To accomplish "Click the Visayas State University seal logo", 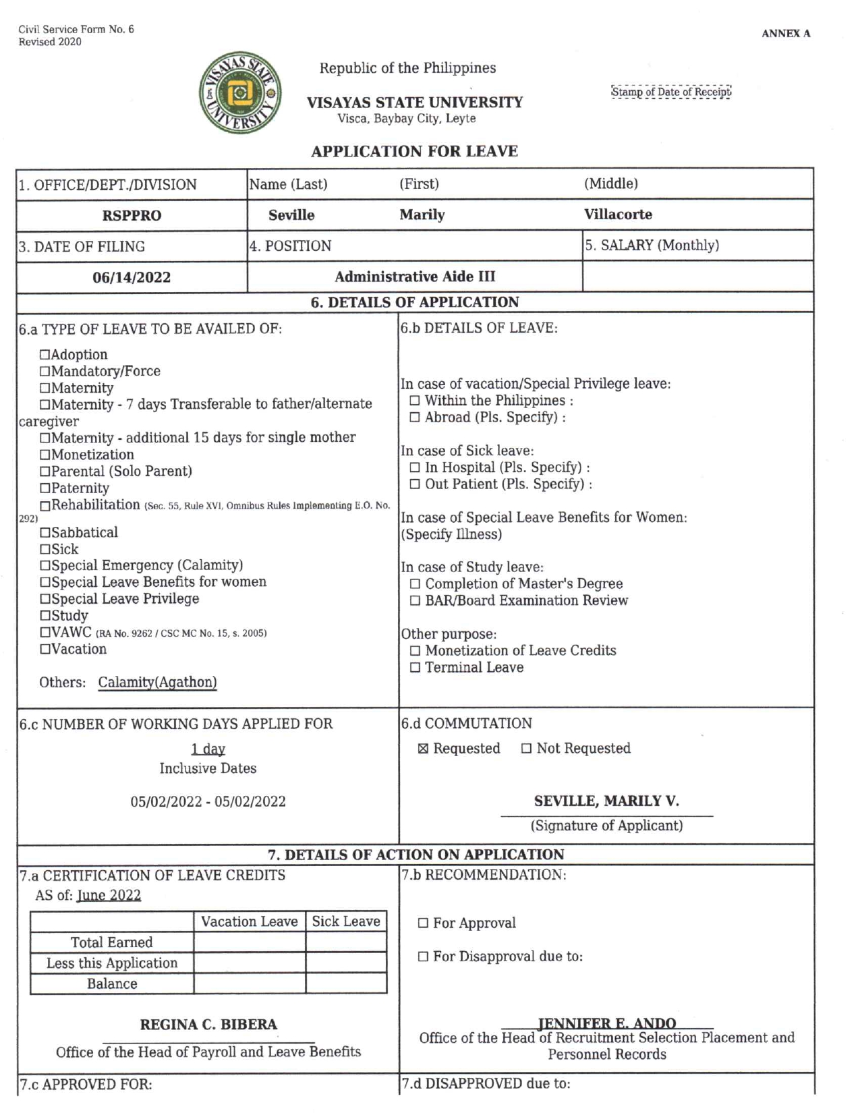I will pos(240,92).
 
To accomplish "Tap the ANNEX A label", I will pos(786,33).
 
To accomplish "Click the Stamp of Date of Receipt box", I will pos(670,92).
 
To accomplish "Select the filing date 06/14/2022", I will pos(132,277).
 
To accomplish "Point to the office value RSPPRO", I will pos(132,216).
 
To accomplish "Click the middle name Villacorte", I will pos(618,215).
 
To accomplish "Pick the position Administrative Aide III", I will pos(415,277).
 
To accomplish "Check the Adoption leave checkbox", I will pos(45,355).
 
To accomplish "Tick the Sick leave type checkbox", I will pos(45,549).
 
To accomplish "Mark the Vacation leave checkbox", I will pos(45,649).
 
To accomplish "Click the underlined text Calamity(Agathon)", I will pos(157,682).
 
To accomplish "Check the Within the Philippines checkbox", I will pos(415,401).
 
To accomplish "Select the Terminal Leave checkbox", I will pos(415,668).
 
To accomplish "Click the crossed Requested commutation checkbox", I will pos(423,749).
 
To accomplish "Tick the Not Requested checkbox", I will pos(526,749).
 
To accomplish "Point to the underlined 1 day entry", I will pos(208,749).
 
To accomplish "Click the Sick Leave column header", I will pos(345,921).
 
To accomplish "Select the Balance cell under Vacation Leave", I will pos(250,983).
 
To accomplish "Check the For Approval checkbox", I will pos(423,923).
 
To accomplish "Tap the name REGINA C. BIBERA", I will pos(208,1025).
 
